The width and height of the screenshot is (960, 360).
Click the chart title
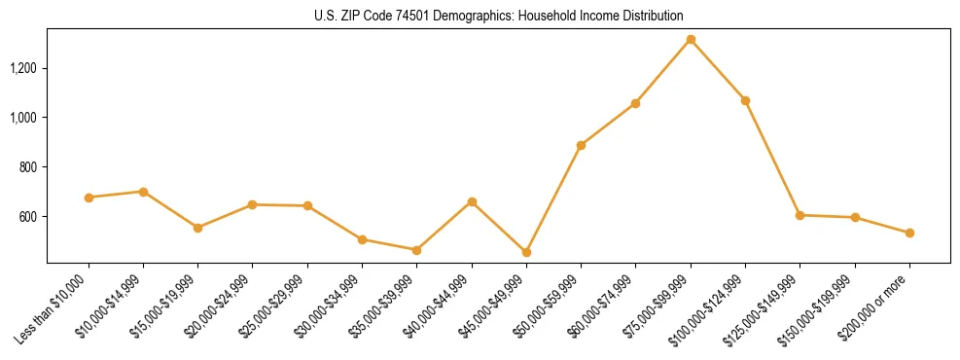[x=498, y=17]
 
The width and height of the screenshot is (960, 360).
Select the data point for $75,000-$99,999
[x=691, y=40]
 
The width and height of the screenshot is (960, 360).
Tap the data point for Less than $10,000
[x=89, y=198]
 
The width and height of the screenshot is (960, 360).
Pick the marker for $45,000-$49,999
[x=526, y=252]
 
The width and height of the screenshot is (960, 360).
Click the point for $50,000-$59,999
[x=581, y=145]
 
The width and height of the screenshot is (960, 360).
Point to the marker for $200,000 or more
[x=909, y=233]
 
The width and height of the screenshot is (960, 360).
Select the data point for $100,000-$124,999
[x=745, y=100]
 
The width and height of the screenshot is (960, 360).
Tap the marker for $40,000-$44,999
[x=472, y=201]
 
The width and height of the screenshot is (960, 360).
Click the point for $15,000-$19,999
[x=198, y=228]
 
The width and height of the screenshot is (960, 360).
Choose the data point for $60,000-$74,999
[x=635, y=103]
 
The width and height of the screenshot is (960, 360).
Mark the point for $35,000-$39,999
[x=416, y=250]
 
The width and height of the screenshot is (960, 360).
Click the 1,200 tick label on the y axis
[x=23, y=68]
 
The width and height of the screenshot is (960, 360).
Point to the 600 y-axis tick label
[x=27, y=216]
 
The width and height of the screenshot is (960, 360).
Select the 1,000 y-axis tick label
[x=23, y=118]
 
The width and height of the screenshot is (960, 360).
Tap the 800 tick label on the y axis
[x=27, y=167]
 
